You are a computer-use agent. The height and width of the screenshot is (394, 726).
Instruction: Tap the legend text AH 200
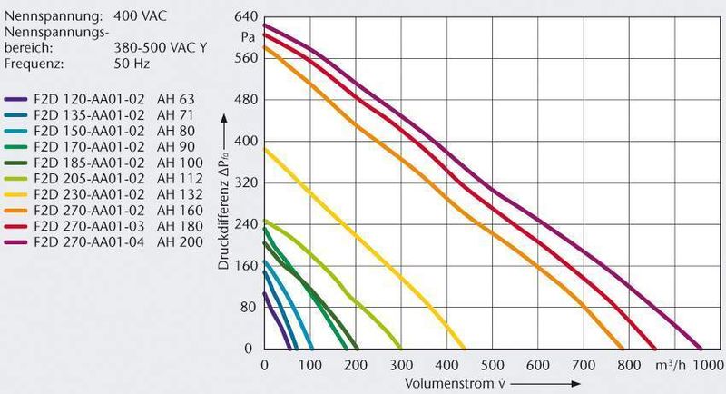[177, 242]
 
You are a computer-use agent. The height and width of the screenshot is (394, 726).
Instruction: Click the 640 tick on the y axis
[245, 17]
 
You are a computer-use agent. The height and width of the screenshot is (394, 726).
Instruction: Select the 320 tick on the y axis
[245, 182]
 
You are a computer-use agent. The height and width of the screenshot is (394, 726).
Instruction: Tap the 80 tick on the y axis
[249, 308]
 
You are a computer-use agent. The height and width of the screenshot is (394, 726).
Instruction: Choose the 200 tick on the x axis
[355, 365]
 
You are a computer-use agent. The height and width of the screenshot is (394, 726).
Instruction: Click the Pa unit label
[248, 37]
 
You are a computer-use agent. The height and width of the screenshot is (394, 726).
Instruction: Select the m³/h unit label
[673, 365]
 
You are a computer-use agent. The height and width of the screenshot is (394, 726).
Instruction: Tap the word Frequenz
[33, 64]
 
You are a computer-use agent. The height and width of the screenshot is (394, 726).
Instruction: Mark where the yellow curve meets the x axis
[400, 349]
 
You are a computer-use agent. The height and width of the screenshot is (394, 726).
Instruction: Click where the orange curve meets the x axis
[623, 349]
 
